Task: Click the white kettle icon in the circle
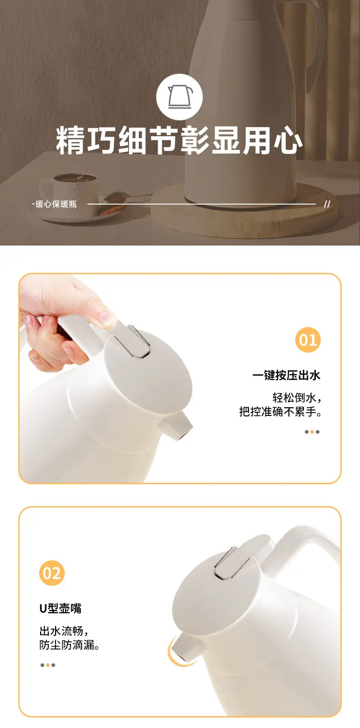point(180,97)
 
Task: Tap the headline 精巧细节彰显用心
point(180,140)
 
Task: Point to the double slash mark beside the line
point(327,204)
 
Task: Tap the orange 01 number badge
point(308,339)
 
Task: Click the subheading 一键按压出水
point(287,375)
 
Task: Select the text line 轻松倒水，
point(297,397)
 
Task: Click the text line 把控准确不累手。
point(281,412)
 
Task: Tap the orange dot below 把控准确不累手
point(312,432)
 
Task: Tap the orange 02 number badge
point(51,573)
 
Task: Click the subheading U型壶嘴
point(61,608)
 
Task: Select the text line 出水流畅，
point(64,631)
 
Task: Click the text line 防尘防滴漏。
point(69,645)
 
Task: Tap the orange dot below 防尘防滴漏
point(48,665)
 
